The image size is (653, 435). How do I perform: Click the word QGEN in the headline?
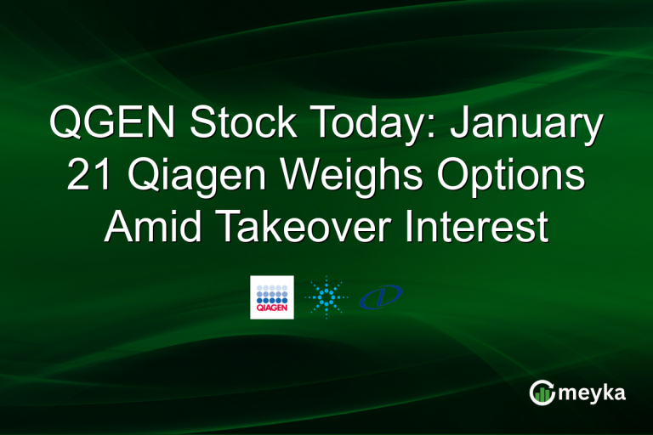114,124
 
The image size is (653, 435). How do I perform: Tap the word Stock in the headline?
239,124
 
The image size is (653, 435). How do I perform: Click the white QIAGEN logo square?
272,297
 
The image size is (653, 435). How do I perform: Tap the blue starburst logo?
326,297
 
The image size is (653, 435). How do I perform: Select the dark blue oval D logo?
381,297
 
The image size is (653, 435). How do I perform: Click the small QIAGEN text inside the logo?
272,310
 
